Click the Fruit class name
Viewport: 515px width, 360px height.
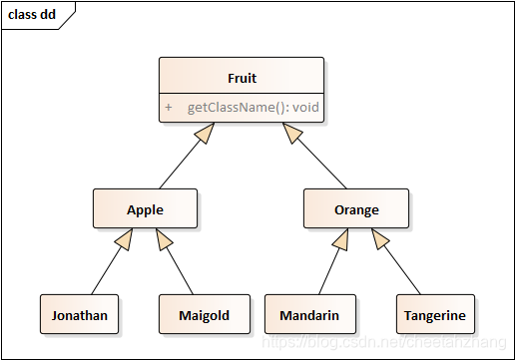pos(242,77)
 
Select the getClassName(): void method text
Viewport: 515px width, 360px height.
pos(255,107)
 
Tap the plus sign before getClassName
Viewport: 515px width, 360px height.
pos(169,107)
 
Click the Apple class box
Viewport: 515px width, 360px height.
pos(145,209)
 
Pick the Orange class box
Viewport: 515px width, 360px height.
pos(356,209)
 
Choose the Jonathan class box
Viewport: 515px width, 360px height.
pos(80,315)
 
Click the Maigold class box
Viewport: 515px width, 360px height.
pos(204,315)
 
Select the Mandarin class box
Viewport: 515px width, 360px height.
pos(309,315)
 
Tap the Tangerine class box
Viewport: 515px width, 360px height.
pos(434,315)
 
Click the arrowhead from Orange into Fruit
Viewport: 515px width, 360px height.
pos(292,133)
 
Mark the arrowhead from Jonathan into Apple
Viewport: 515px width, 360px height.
pos(124,238)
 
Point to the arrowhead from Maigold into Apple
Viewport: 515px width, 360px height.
pos(164,238)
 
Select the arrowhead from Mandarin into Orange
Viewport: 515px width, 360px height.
pos(340,238)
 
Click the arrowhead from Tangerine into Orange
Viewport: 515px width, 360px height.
pos(380,238)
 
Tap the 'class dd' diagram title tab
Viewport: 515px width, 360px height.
pos(33,15)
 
